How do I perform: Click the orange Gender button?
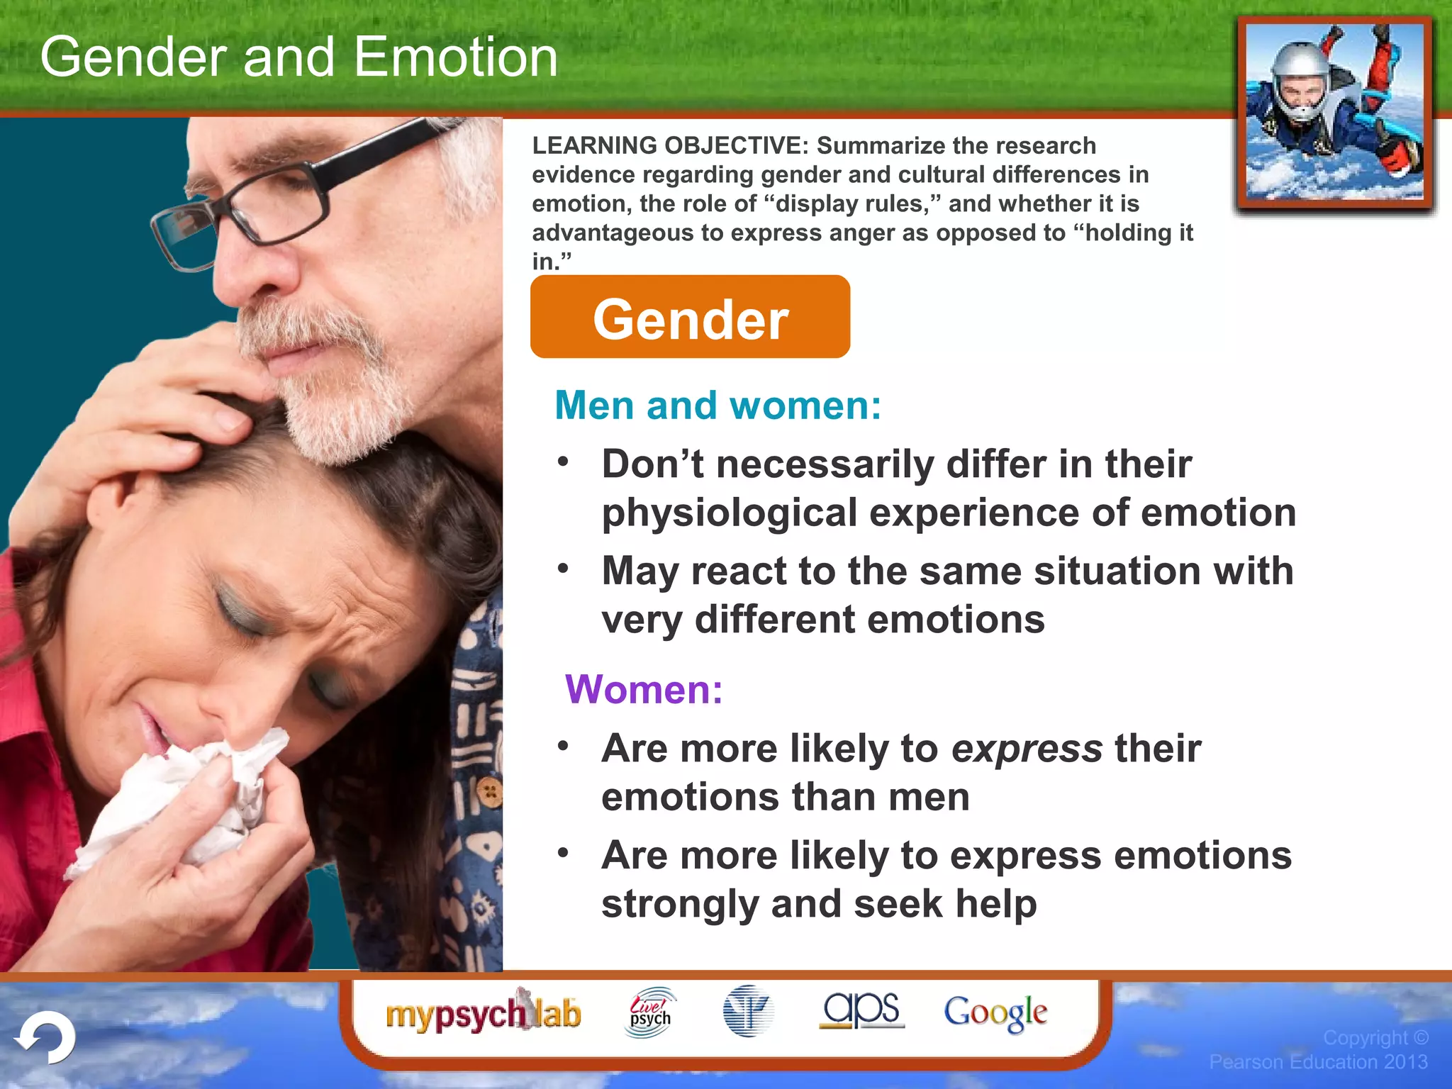click(690, 317)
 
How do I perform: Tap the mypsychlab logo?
click(483, 1013)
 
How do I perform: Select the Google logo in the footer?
click(995, 1012)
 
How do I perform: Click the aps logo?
click(861, 1009)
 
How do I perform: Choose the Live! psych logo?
click(650, 1012)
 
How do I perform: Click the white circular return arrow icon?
click(47, 1039)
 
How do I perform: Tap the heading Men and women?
click(717, 406)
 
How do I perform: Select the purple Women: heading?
click(644, 689)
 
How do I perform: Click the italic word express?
click(1027, 749)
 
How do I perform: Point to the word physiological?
click(730, 513)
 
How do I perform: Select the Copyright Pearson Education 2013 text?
click(1319, 1050)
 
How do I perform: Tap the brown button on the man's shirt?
click(489, 791)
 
